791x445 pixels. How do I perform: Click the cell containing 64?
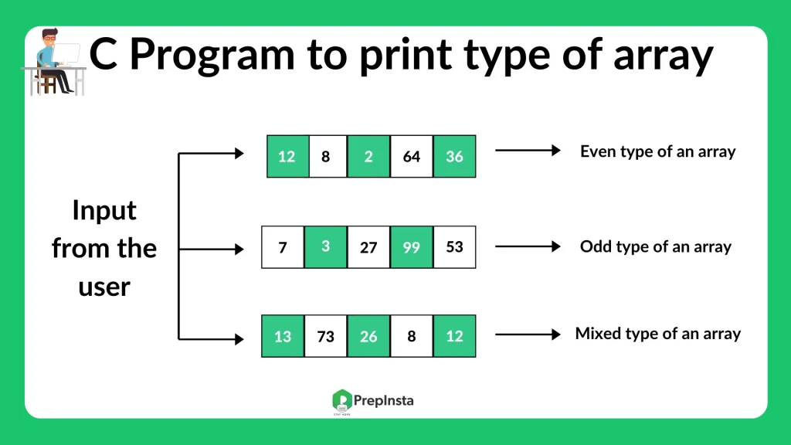[x=412, y=157]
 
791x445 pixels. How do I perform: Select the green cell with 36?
[x=454, y=157]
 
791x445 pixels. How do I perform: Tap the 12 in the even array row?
[x=287, y=157]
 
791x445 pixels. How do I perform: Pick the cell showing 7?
[x=283, y=247]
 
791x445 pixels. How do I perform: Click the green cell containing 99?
[x=412, y=247]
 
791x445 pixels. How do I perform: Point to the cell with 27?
[x=368, y=247]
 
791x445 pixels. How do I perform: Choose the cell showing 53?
[x=454, y=247]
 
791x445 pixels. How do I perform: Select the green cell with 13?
[x=283, y=336]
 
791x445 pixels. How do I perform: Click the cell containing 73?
[x=325, y=336]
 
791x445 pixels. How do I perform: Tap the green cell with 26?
[x=368, y=336]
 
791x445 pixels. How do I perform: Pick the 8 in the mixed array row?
[x=412, y=336]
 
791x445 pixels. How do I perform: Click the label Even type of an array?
[x=657, y=151]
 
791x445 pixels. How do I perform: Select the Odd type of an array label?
[x=655, y=247]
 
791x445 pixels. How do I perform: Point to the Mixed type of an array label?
[x=657, y=335]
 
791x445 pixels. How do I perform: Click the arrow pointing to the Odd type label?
[x=528, y=247]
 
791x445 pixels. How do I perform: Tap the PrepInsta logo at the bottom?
[x=372, y=400]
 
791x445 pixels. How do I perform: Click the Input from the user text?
[x=104, y=248]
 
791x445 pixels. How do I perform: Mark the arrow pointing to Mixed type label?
[x=528, y=335]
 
